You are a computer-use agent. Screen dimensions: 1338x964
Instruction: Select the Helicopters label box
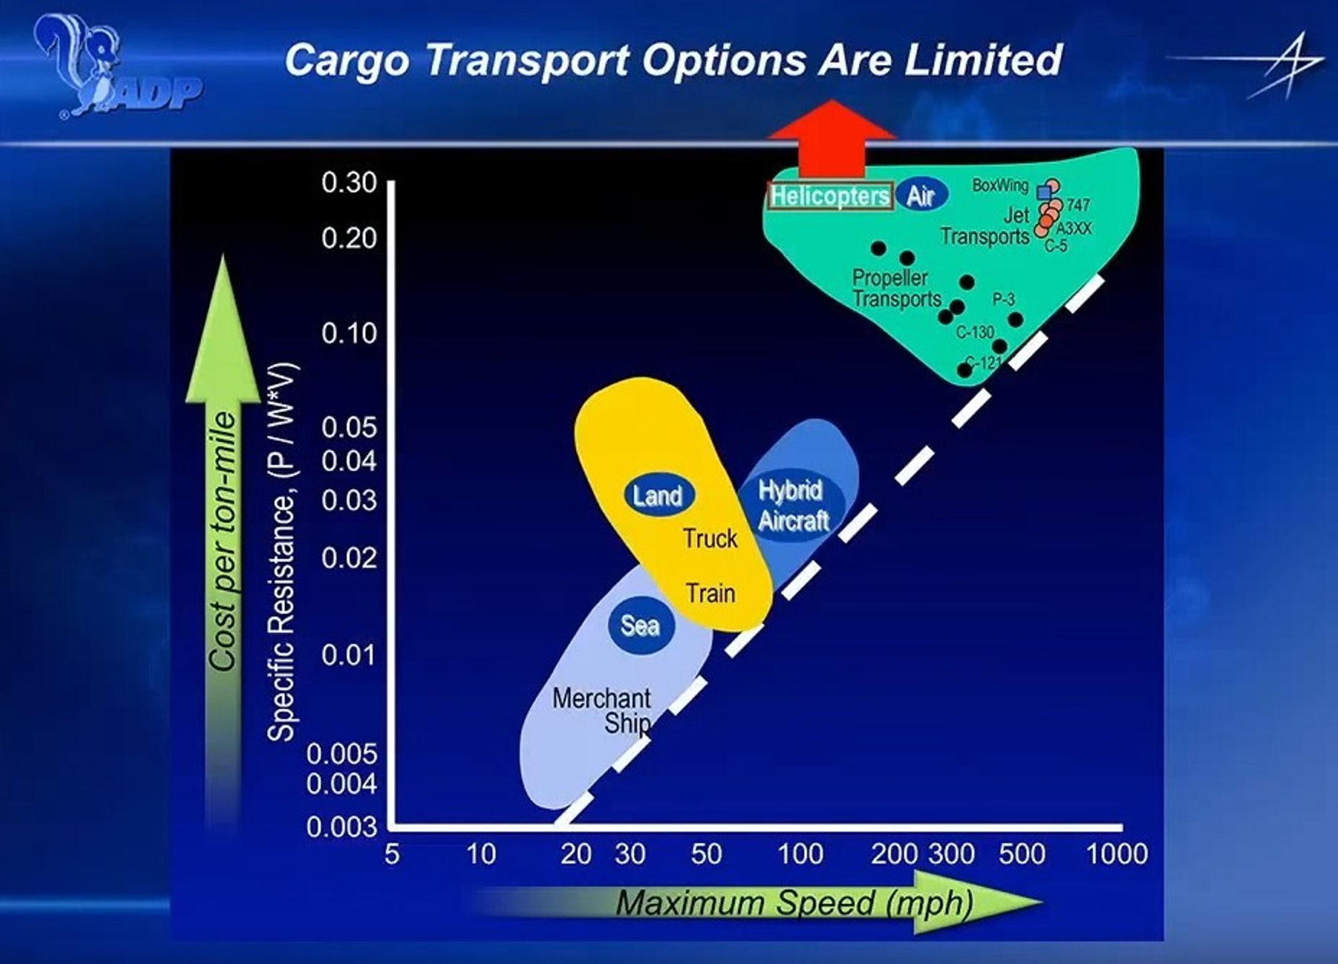[830, 196]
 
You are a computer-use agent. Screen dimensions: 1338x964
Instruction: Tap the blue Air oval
[922, 195]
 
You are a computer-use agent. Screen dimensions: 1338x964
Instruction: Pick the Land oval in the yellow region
[659, 496]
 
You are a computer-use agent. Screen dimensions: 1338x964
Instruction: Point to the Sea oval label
[641, 625]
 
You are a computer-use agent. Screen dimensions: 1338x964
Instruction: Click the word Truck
[710, 539]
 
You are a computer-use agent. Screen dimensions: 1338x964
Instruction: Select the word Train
[710, 593]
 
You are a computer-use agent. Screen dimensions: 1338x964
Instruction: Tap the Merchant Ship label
[602, 710]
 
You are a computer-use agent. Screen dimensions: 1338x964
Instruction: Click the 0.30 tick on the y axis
[349, 183]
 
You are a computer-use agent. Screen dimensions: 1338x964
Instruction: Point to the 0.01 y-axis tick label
[349, 655]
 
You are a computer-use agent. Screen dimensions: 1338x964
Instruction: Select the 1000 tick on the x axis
[1117, 854]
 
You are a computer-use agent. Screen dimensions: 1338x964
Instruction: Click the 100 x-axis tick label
[800, 854]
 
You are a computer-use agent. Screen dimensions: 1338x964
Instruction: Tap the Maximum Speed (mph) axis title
[795, 903]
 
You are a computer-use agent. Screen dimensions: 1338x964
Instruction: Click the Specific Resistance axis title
[282, 552]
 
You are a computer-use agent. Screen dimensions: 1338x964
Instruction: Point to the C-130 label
[975, 332]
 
